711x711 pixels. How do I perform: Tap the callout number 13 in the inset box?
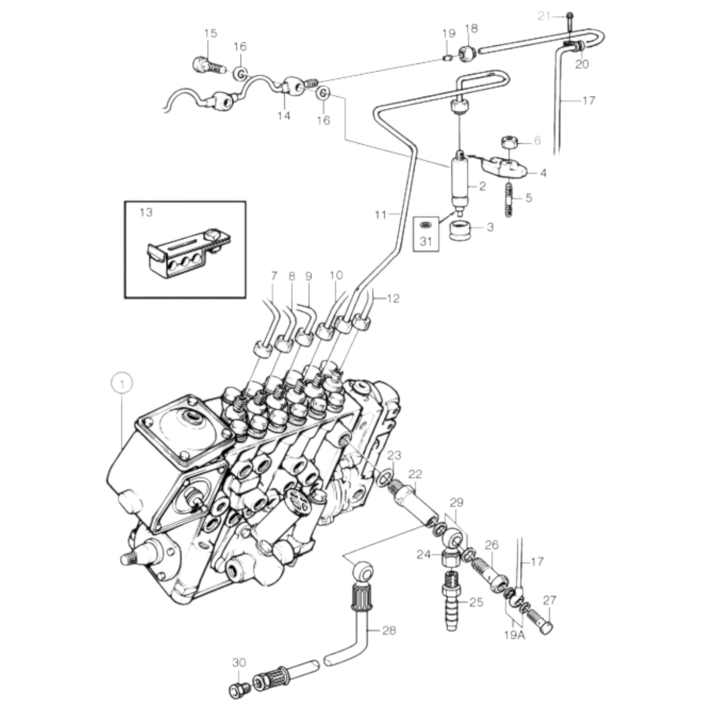coord(146,213)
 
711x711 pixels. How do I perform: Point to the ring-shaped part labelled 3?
coord(462,230)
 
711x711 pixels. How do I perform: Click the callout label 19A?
coord(515,635)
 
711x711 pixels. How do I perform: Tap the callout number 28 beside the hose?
coord(389,630)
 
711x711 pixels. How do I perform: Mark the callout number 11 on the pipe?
coord(381,215)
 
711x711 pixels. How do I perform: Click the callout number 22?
coord(415,474)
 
